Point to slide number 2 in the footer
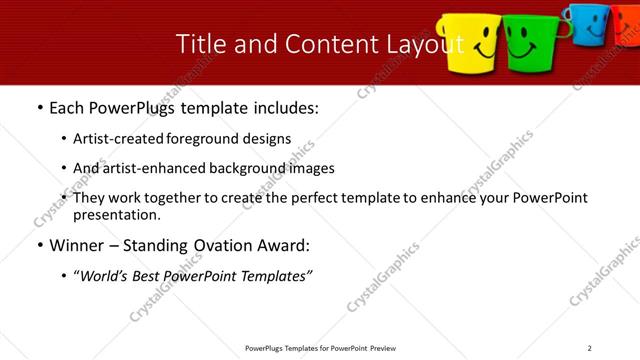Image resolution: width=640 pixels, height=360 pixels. point(590,348)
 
